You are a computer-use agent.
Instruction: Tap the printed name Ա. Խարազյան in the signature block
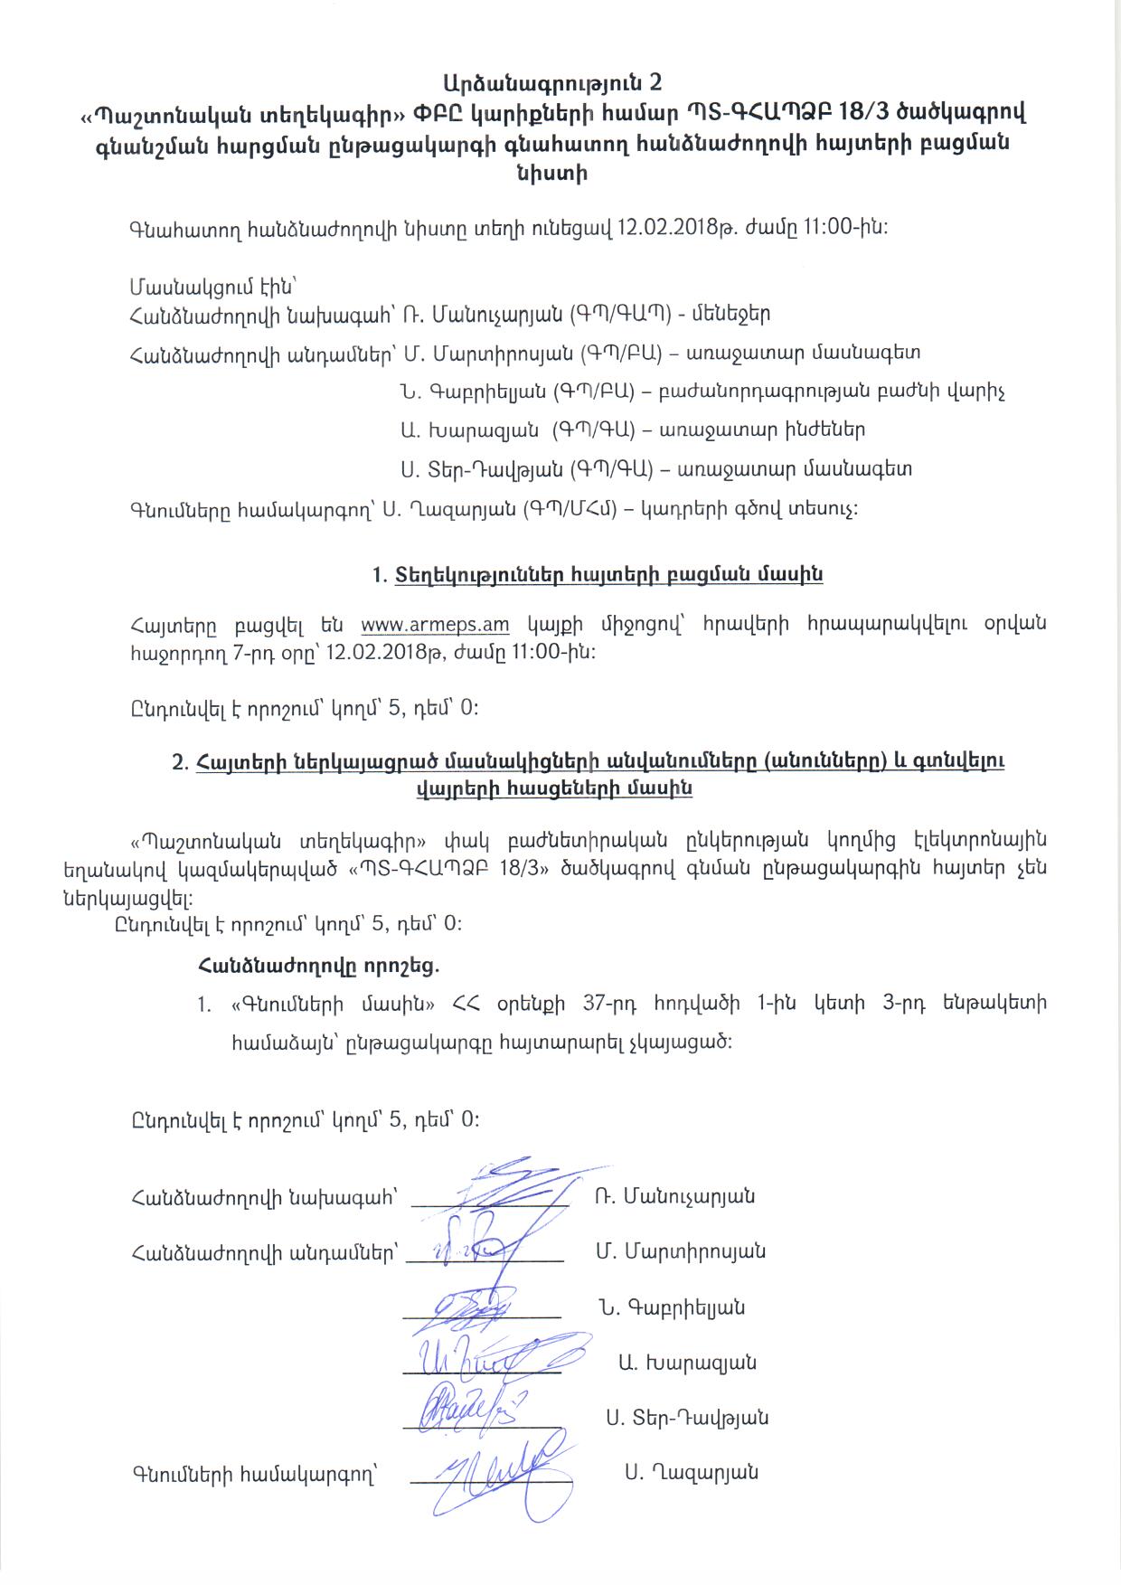(x=687, y=1363)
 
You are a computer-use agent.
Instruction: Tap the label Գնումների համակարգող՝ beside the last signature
(x=253, y=1475)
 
